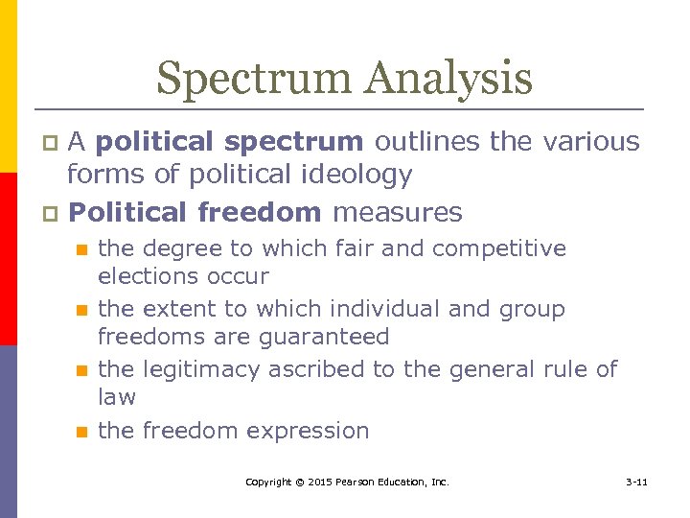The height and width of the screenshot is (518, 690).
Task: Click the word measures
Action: click(397, 212)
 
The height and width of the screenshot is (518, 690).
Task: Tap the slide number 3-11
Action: click(634, 482)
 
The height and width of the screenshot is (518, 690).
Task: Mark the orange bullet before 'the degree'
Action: click(82, 250)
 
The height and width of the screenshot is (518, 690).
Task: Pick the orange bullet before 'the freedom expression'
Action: click(82, 432)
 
